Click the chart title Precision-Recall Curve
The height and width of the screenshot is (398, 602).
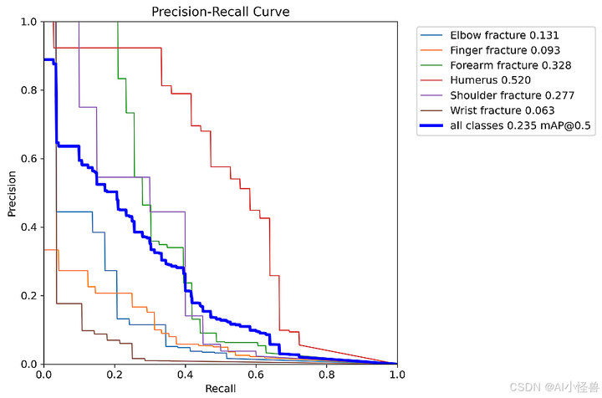[x=221, y=12]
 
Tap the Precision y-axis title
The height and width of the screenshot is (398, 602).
[x=13, y=192]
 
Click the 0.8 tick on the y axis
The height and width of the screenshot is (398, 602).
[x=29, y=90]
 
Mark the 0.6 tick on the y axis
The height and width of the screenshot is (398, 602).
[x=29, y=159]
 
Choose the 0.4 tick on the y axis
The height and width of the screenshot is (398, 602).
[x=29, y=227]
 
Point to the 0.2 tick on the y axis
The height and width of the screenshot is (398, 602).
[x=29, y=296]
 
